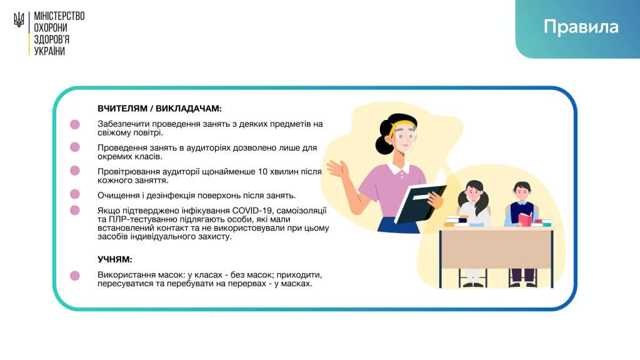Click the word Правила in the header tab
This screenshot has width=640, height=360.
(x=581, y=27)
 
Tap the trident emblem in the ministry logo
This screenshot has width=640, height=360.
(x=19, y=19)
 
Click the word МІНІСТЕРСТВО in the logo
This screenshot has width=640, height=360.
(x=59, y=16)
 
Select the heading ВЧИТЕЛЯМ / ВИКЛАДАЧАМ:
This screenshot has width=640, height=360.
(x=159, y=109)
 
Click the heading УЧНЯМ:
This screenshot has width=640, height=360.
(x=115, y=259)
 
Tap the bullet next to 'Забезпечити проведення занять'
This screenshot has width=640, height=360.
(x=75, y=124)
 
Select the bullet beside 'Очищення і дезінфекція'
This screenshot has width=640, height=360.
(x=75, y=194)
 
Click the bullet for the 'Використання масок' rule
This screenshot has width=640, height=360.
(x=75, y=276)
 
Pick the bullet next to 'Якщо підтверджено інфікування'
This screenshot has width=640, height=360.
(x=75, y=210)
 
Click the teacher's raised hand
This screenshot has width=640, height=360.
(x=337, y=169)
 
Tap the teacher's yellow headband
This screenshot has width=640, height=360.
(x=402, y=125)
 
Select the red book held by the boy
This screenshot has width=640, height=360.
(x=526, y=219)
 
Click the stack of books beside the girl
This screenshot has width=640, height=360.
(x=456, y=221)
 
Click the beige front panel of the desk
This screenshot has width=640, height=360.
(x=496, y=249)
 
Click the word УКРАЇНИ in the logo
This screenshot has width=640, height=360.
(x=49, y=51)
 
